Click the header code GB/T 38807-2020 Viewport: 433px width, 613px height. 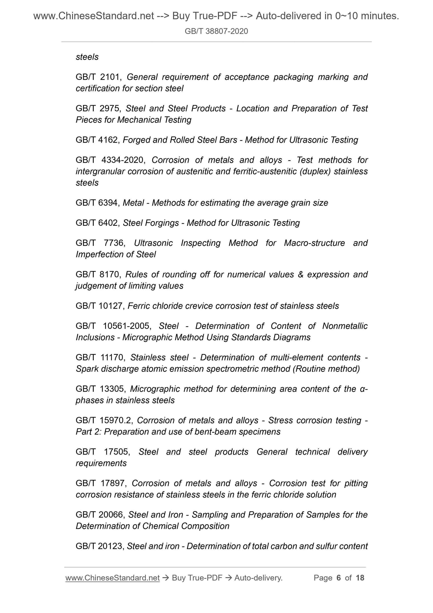tap(216, 31)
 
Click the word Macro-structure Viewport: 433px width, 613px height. tap(314, 243)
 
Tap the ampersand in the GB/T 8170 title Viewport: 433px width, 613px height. tap(300, 275)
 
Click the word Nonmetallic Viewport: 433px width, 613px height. tap(345, 326)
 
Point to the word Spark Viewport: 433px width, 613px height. tap(86, 369)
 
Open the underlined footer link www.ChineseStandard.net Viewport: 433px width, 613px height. tap(112, 578)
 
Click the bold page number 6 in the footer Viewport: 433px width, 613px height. tap(339, 578)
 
